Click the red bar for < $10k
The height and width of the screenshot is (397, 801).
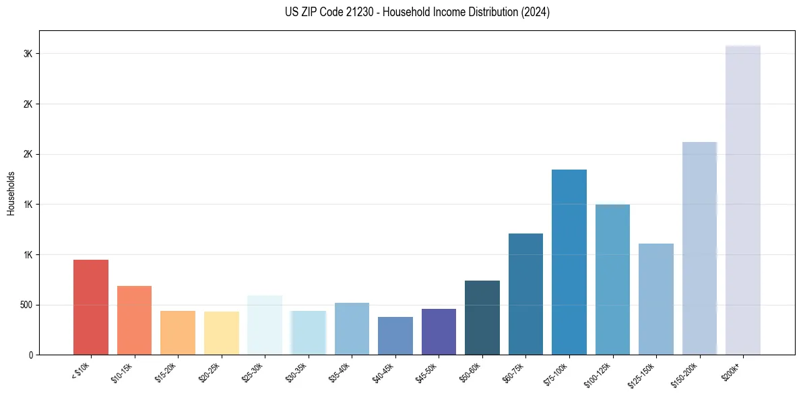(x=91, y=307)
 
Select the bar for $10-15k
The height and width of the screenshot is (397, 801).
(x=134, y=320)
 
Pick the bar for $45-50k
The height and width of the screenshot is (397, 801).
(x=439, y=332)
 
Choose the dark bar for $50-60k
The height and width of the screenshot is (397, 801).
(x=482, y=318)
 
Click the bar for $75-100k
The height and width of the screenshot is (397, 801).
(x=569, y=262)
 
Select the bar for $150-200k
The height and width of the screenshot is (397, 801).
(x=699, y=248)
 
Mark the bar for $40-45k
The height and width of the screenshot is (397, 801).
(x=395, y=336)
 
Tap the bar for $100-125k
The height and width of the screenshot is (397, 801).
(x=612, y=279)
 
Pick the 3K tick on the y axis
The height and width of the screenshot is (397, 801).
(x=28, y=54)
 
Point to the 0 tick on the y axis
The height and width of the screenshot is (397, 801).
(x=31, y=355)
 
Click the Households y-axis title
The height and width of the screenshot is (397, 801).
(x=11, y=193)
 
